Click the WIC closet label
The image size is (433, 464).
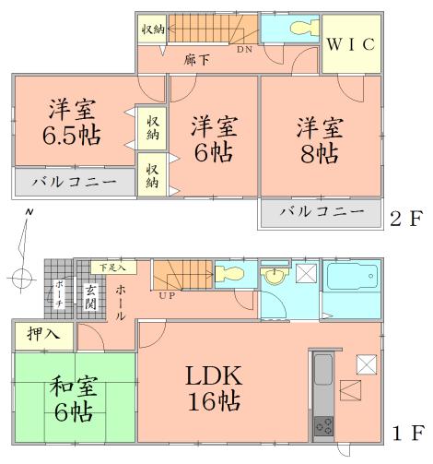click(349, 43)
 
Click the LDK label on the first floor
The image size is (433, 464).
click(214, 375)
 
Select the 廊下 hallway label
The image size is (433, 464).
click(196, 60)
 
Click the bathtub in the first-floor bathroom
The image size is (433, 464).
click(353, 278)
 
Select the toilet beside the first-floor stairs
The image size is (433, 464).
click(229, 274)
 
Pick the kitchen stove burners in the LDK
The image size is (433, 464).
click(325, 425)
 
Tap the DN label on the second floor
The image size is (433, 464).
click(245, 51)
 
